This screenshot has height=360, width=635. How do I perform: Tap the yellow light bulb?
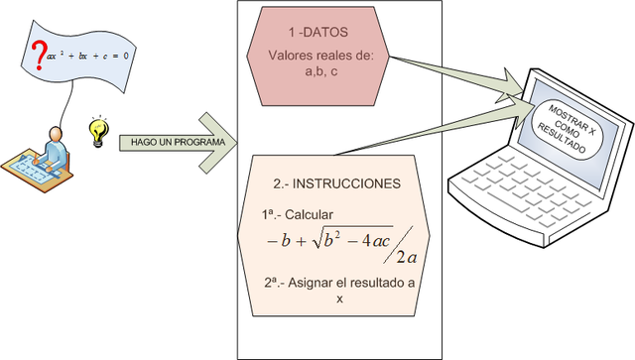(x=96, y=131)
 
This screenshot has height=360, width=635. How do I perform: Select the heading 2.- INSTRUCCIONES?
(x=336, y=184)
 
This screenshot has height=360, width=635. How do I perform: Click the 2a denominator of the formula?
(x=405, y=259)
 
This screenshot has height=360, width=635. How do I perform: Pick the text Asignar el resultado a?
(x=338, y=282)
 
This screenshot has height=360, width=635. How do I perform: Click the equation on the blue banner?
(x=88, y=55)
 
